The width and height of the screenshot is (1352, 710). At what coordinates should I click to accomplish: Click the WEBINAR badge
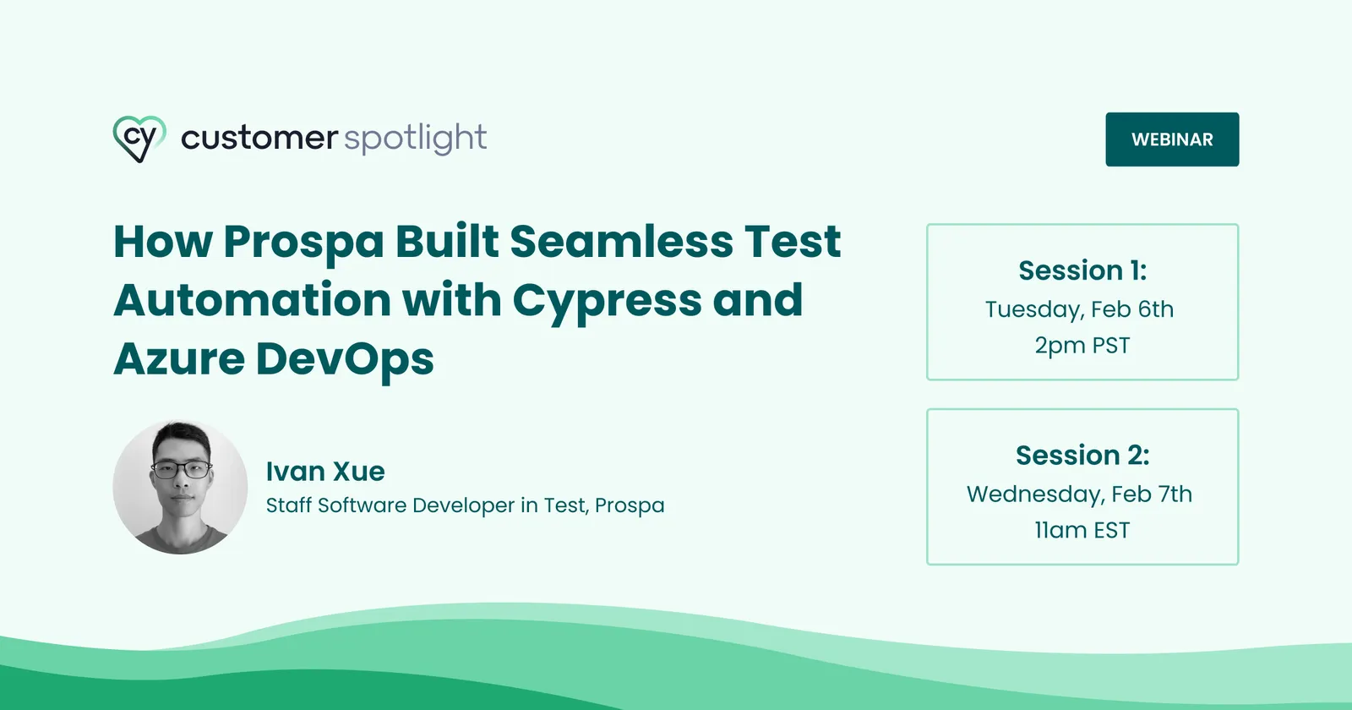[1172, 139]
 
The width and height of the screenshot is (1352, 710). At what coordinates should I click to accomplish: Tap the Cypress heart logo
[139, 139]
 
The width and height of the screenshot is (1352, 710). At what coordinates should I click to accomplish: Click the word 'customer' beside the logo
[259, 138]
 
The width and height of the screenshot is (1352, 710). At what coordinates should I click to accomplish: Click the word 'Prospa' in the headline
[304, 243]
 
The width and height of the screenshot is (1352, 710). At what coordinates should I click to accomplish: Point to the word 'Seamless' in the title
[621, 242]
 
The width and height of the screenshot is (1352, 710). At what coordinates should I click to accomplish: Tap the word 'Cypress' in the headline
[607, 302]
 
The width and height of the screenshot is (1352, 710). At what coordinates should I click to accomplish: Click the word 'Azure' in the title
[179, 359]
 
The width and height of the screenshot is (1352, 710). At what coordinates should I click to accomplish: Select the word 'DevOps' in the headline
[345, 360]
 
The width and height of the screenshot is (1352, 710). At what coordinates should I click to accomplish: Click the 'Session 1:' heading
[1082, 270]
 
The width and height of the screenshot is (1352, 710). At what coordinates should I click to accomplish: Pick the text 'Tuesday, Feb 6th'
[1079, 310]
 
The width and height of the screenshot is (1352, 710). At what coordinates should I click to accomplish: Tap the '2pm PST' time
[1082, 346]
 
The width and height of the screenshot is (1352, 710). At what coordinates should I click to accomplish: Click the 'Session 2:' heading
[1082, 456]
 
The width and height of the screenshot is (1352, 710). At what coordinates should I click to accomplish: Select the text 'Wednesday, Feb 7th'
[1079, 494]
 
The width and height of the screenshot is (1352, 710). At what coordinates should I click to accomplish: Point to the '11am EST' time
[1082, 531]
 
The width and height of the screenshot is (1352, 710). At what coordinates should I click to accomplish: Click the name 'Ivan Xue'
[325, 472]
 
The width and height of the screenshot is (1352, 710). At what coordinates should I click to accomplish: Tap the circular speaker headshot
[180, 488]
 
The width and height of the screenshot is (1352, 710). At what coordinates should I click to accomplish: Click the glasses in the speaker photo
[182, 468]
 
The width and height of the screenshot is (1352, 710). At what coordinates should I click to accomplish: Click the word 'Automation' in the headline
[252, 301]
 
